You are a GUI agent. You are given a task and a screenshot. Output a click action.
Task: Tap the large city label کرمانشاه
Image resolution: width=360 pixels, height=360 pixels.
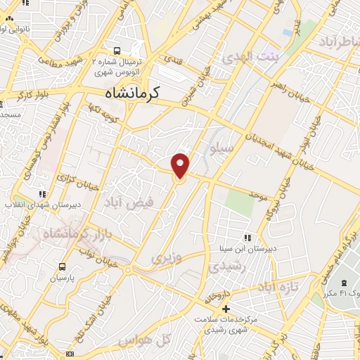click(x=131, y=93)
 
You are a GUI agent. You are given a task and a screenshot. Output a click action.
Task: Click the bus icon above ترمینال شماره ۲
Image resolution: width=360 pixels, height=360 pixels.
click(x=117, y=51)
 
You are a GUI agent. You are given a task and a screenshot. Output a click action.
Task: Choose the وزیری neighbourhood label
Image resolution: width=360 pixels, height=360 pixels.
click(x=167, y=258)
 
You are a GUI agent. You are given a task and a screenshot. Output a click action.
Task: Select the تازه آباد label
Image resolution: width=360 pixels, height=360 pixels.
click(x=278, y=287)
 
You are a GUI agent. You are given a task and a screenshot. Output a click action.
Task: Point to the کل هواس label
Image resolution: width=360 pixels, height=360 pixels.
click(x=145, y=340)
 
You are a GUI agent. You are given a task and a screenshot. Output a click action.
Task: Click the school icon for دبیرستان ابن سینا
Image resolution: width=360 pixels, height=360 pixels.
click(x=246, y=238)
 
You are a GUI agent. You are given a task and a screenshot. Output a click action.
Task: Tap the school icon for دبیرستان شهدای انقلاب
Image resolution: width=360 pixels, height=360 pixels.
click(x=42, y=194)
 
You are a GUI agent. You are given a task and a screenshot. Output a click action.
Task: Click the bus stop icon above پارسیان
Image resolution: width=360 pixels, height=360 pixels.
click(x=63, y=267)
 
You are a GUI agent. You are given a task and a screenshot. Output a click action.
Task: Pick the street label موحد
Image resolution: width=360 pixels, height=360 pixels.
click(x=258, y=191)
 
